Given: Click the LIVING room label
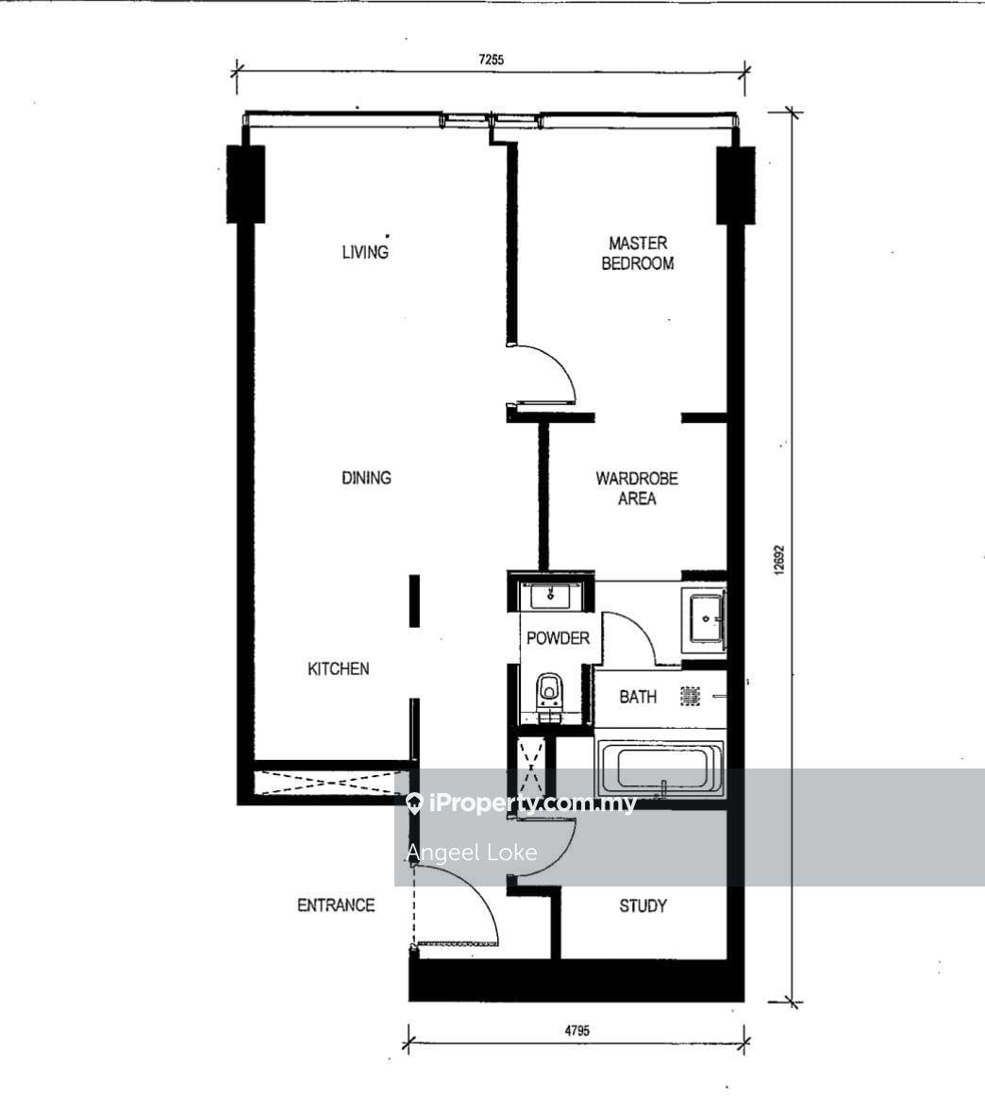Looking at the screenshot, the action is pyautogui.click(x=365, y=251).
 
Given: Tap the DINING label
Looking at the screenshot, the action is pyautogui.click(x=366, y=478).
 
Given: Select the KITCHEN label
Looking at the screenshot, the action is pyautogui.click(x=339, y=668).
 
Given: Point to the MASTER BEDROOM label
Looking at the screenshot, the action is pyautogui.click(x=637, y=253).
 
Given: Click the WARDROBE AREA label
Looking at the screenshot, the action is pyautogui.click(x=637, y=488).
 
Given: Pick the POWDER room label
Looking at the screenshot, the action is pyautogui.click(x=558, y=638).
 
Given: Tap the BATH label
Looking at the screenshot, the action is pyautogui.click(x=637, y=697).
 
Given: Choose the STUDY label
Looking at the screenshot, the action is pyautogui.click(x=643, y=906).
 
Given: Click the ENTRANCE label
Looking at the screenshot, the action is pyautogui.click(x=336, y=905).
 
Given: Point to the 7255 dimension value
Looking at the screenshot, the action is pyautogui.click(x=492, y=59).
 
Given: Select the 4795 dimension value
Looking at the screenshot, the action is pyautogui.click(x=577, y=1030).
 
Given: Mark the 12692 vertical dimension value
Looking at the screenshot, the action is pyautogui.click(x=779, y=560).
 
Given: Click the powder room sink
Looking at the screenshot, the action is pyautogui.click(x=550, y=598).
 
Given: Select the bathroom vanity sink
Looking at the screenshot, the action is pyautogui.click(x=707, y=618).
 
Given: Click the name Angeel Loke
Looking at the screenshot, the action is pyautogui.click(x=472, y=853).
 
